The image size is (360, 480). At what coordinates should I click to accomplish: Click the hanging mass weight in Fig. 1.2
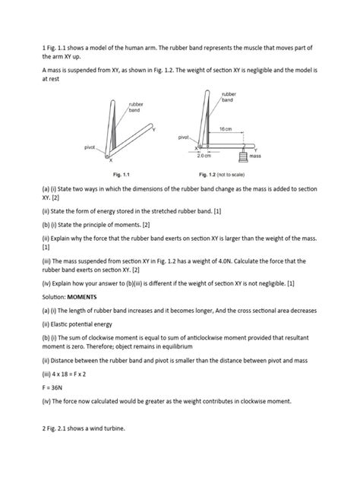point(243,156)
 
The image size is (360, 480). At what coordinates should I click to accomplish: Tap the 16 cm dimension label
point(226,129)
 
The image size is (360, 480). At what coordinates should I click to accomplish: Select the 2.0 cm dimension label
point(204,156)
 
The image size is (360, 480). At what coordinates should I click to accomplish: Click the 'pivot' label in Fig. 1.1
point(90,147)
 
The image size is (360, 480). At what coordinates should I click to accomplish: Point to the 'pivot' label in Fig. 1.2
point(184,137)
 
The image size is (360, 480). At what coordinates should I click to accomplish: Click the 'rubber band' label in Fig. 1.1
point(136,107)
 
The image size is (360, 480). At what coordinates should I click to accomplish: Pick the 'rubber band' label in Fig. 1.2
point(229,97)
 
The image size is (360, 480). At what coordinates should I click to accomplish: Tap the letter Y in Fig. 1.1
point(154,130)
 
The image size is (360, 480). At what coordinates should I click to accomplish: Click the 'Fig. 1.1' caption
point(122,175)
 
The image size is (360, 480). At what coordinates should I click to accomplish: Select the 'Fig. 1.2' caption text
point(222,175)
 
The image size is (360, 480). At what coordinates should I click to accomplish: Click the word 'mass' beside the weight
point(255,156)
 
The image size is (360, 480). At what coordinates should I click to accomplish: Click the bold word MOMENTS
point(82,297)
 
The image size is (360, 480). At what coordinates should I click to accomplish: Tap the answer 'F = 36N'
point(52,387)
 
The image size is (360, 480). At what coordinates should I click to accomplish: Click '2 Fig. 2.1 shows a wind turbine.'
point(84,428)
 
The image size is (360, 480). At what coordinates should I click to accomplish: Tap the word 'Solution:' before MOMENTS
point(54,297)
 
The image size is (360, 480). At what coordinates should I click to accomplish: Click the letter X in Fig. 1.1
point(111,160)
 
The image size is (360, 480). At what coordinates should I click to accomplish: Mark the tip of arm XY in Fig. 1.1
point(151,125)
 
